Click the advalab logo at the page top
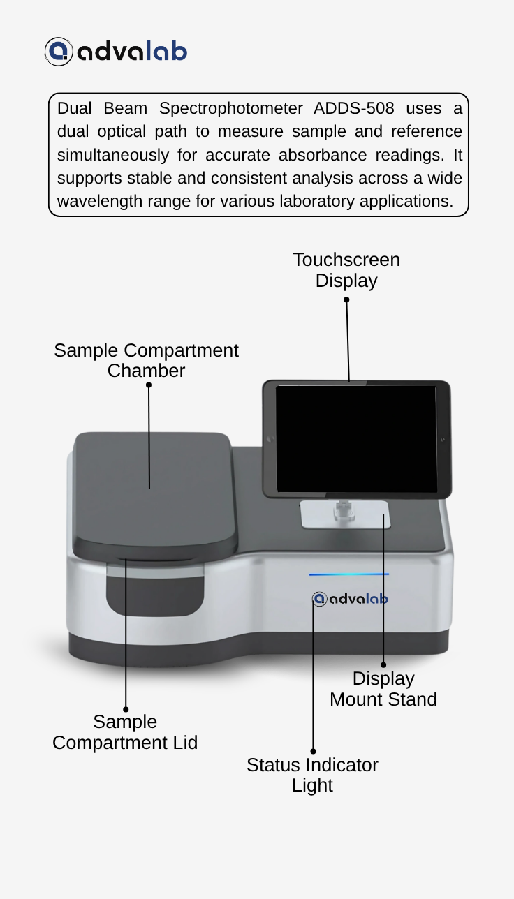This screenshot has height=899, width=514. (x=116, y=52)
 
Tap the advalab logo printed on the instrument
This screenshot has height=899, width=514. (x=350, y=599)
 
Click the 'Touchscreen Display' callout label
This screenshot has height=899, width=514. (x=346, y=270)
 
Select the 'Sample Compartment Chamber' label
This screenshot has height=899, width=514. (x=147, y=360)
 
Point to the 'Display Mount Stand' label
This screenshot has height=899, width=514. (x=383, y=689)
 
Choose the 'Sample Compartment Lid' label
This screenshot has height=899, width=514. (x=125, y=732)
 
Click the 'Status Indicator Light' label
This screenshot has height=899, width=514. (x=312, y=775)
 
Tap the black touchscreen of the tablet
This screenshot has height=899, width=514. (x=356, y=439)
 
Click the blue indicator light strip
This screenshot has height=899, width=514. (x=349, y=574)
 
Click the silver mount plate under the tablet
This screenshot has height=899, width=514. (x=345, y=514)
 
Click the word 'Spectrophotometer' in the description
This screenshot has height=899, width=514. (x=231, y=109)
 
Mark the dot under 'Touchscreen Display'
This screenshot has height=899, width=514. (x=346, y=300)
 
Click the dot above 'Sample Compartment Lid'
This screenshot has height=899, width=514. (x=126, y=709)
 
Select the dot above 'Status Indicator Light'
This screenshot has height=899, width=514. (x=313, y=752)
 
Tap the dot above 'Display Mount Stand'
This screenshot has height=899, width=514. (x=383, y=665)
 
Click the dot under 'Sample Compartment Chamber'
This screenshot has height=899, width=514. (x=149, y=385)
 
